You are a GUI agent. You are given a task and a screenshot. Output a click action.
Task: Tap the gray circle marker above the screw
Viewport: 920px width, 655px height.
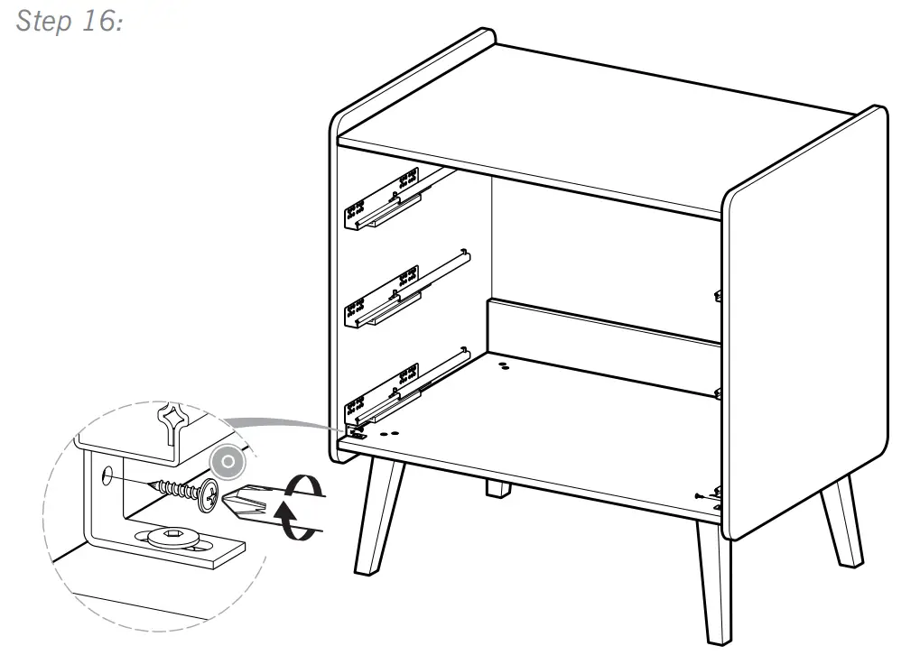point(229,462)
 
